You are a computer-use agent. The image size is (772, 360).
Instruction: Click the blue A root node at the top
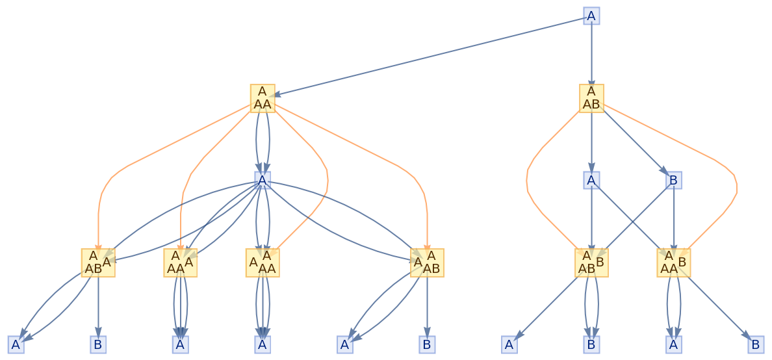click(591, 16)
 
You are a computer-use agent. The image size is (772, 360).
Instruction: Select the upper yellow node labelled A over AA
click(262, 98)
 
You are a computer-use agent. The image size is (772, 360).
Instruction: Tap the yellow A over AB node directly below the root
click(591, 98)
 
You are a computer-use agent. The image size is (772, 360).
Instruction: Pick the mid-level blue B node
click(674, 180)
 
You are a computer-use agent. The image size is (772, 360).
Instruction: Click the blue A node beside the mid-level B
click(591, 180)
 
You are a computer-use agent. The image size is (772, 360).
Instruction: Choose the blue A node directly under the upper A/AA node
click(262, 180)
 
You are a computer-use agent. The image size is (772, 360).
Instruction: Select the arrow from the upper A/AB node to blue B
click(634, 140)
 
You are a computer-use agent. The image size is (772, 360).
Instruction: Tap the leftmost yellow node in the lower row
click(97, 263)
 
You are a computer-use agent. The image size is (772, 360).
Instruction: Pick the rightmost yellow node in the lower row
click(673, 263)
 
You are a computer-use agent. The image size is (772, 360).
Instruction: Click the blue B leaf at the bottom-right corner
click(756, 344)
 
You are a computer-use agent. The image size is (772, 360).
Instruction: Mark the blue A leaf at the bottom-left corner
click(16, 344)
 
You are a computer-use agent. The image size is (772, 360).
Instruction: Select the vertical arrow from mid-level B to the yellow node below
click(674, 218)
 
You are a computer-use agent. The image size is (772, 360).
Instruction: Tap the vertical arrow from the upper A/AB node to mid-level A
click(591, 140)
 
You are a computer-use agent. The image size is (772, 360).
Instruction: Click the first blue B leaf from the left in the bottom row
click(97, 344)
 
